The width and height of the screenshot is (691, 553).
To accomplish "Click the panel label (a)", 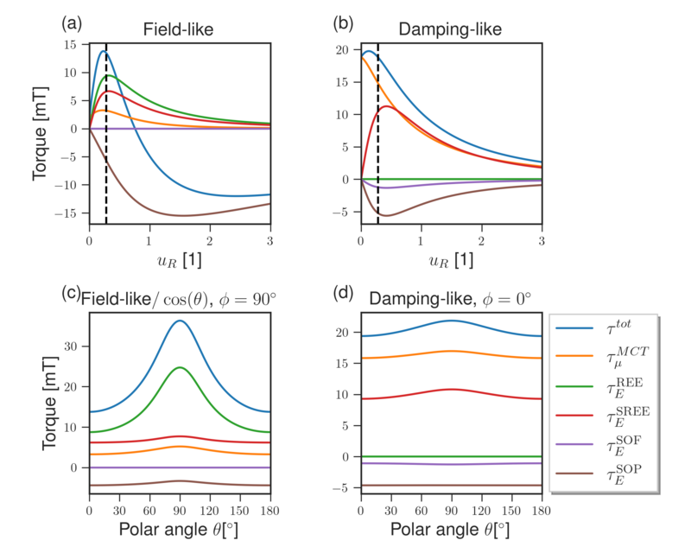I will coord(71,24).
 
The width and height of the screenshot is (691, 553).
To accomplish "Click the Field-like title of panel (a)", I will coord(178,29).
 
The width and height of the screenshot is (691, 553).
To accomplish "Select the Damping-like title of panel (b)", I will coord(450,29).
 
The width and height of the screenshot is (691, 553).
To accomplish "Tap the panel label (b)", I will coord(341,24).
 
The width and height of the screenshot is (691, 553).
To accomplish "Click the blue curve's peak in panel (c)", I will coord(180,321).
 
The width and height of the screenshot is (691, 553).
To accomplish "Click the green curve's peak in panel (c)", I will coord(180,368).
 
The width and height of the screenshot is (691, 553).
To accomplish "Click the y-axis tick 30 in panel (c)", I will coord(73,346).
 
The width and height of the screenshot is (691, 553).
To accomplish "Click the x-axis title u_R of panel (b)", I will coord(450,258).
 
